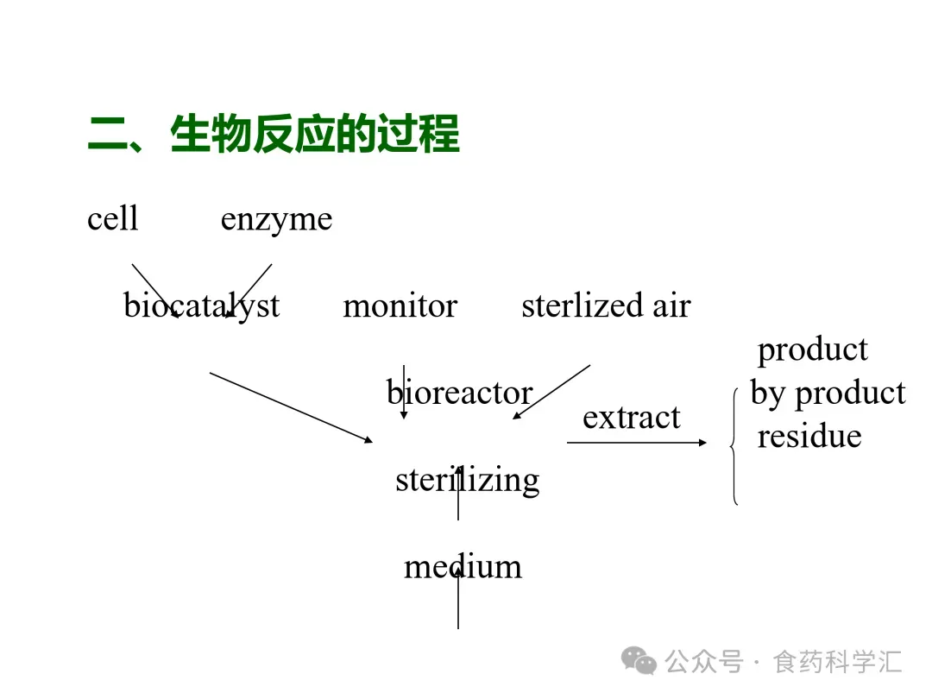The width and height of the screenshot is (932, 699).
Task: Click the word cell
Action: pos(112,218)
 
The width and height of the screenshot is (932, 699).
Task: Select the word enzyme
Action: pos(276,219)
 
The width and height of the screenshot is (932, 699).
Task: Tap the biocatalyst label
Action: pos(201,305)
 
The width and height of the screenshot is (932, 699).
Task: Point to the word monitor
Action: pos(400,305)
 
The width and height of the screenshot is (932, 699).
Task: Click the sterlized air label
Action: pos(606,305)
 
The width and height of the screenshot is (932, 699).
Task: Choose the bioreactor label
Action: pos(459,393)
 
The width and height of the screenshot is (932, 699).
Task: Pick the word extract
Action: pos(631,417)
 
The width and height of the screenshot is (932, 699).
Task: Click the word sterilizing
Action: pos(467,480)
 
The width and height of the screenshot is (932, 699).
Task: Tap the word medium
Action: pos(463,566)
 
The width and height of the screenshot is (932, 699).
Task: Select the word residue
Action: pos(809,436)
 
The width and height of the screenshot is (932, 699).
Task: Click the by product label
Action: pos(828,393)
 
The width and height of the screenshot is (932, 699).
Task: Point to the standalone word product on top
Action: pos(812,349)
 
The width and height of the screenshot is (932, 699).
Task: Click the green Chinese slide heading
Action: pos(274,135)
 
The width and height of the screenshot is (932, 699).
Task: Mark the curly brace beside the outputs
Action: pos(734,445)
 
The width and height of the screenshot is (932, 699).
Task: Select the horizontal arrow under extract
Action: pos(637,443)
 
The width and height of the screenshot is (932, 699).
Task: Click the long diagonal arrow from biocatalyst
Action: pos(291,407)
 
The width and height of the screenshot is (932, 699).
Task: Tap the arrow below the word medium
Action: pos(458,604)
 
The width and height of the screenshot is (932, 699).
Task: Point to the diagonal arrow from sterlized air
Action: pos(552,392)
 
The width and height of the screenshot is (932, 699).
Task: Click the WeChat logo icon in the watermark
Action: pos(639,662)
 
